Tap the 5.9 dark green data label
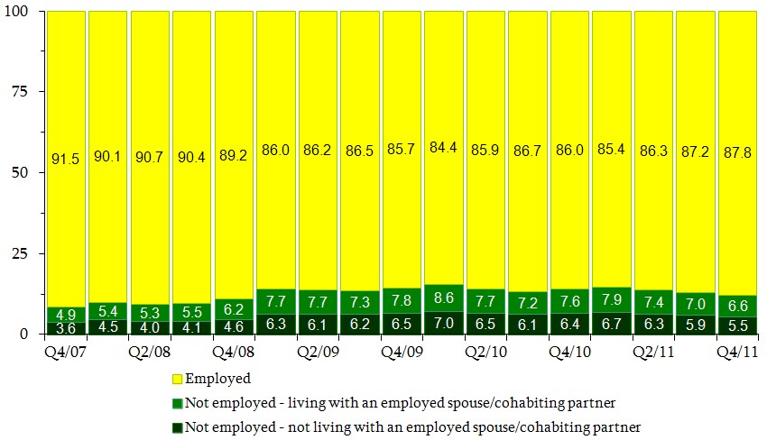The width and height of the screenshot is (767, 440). (x=696, y=325)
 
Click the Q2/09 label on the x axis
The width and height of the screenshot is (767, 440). (x=319, y=346)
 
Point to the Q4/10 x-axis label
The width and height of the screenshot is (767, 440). (x=570, y=346)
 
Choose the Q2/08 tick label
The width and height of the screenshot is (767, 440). (x=152, y=346)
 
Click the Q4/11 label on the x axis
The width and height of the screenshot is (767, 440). (x=737, y=346)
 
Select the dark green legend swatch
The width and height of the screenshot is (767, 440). (x=176, y=426)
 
